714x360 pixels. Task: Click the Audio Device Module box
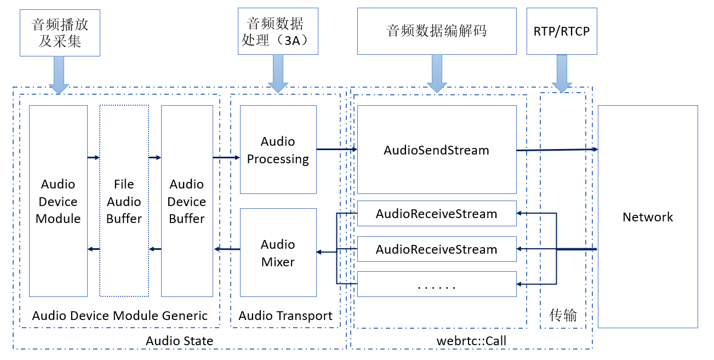(58, 201)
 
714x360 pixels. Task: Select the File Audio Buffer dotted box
(124, 201)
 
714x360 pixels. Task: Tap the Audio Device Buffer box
(187, 201)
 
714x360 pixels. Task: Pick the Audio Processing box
(278, 150)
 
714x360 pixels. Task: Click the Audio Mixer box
(278, 253)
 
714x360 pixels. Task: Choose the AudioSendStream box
(437, 150)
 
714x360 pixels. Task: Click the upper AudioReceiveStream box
(437, 214)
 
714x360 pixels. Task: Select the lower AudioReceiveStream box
(437, 249)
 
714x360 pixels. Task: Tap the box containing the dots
(437, 284)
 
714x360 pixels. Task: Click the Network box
(648, 217)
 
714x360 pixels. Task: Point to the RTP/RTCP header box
(562, 31)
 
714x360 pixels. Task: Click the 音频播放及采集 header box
(60, 33)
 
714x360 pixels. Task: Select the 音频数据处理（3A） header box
(278, 31)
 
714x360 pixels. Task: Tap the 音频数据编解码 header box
(437, 31)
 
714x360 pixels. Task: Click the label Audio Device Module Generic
(120, 316)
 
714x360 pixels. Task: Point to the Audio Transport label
(285, 316)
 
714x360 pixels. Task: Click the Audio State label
(179, 341)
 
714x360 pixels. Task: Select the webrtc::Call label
(471, 341)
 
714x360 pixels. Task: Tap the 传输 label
(563, 315)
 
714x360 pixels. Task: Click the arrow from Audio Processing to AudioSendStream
(336, 149)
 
